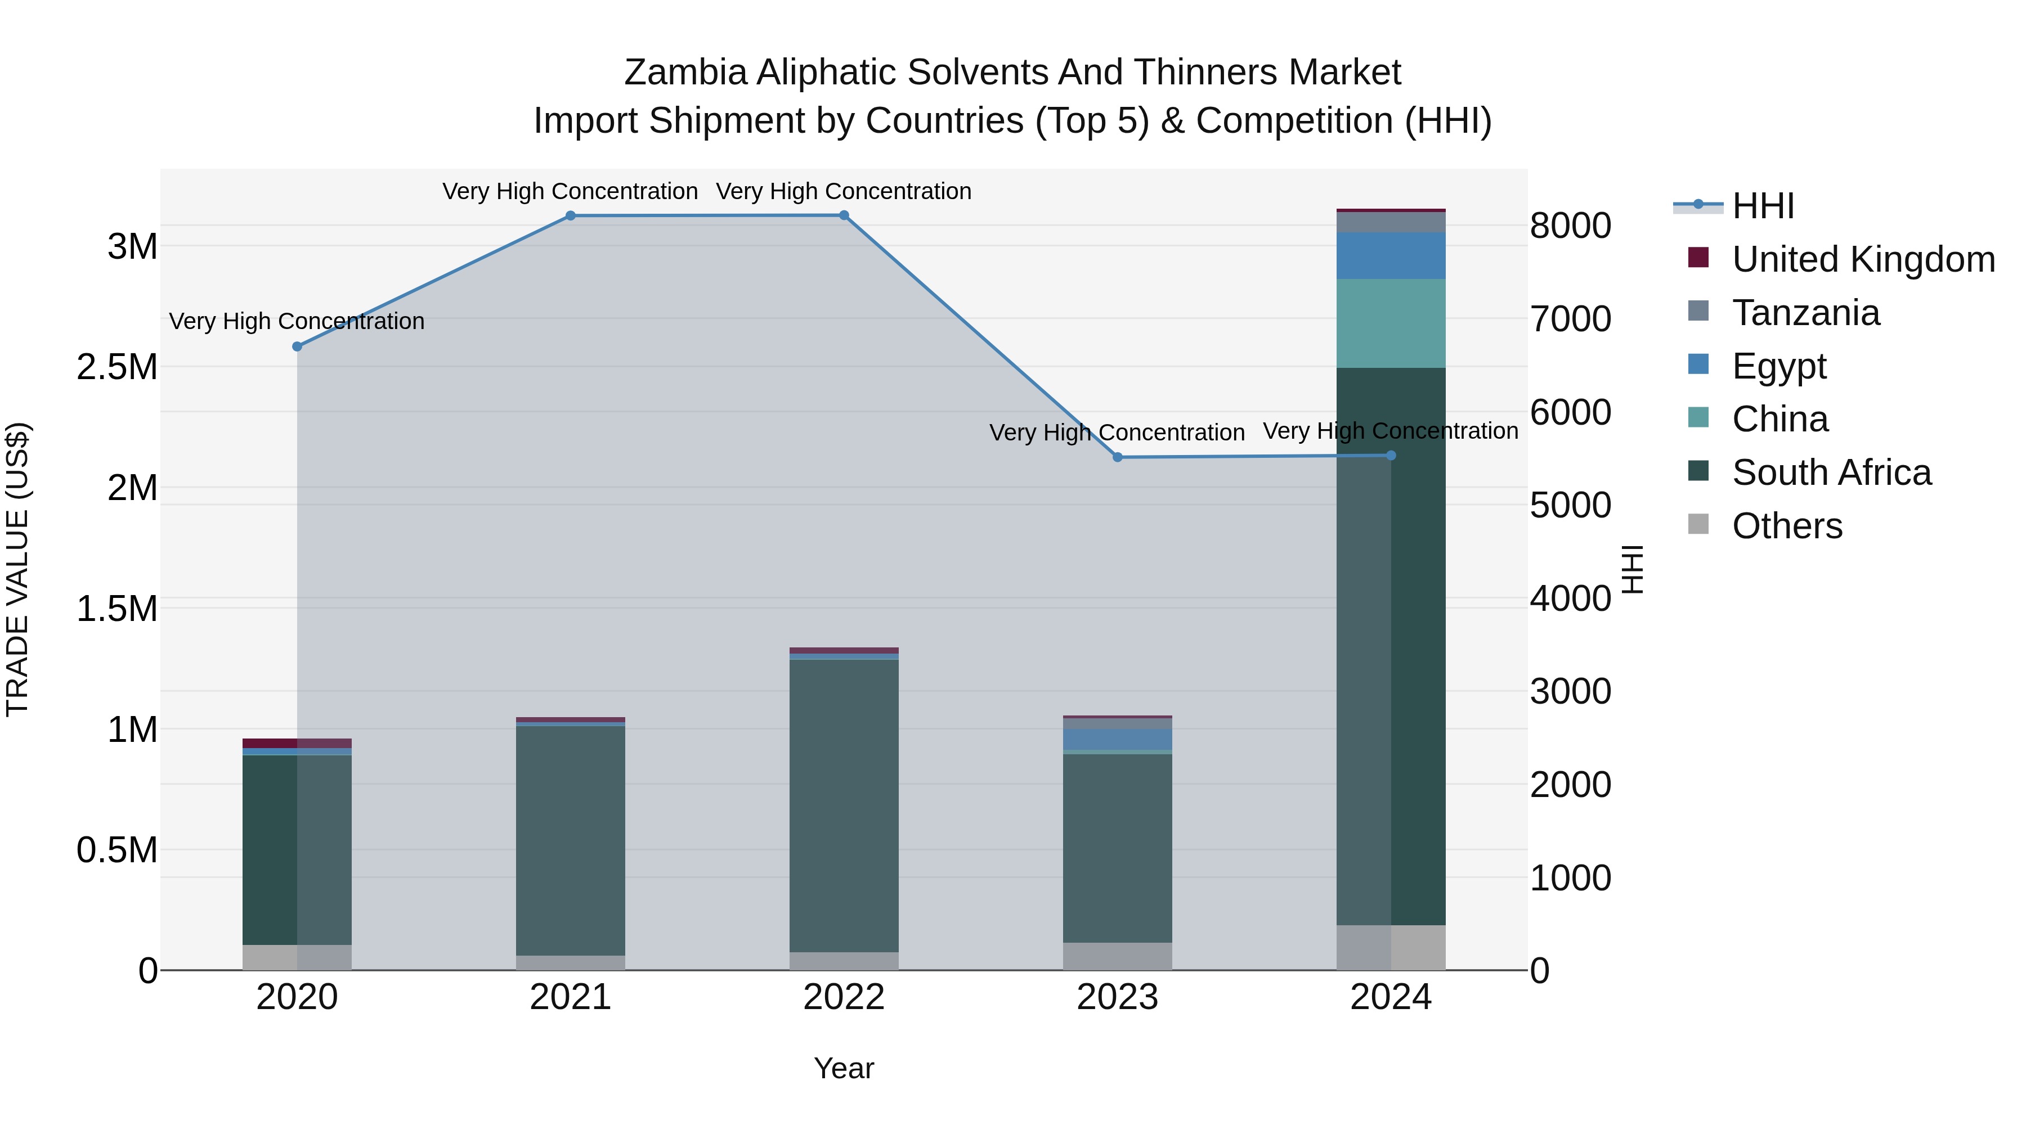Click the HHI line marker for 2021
[570, 216]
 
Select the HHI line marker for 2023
[1117, 457]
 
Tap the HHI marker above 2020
[297, 346]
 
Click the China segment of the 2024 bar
[1391, 323]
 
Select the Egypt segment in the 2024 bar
[1391, 255]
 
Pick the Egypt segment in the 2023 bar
[1117, 739]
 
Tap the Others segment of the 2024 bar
[1391, 947]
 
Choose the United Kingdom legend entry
[1862, 259]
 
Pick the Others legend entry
[1787, 526]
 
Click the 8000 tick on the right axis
[1570, 226]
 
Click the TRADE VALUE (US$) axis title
[17, 569]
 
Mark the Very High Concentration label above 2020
[297, 322]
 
